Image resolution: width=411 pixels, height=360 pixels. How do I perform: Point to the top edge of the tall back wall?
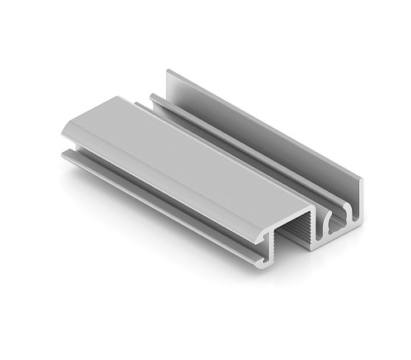[263, 123]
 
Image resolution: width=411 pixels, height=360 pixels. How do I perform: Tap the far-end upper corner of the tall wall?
[169, 71]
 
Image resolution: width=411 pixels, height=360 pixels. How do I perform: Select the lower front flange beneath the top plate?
[156, 197]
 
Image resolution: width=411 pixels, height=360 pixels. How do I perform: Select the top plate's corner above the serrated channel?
[313, 207]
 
